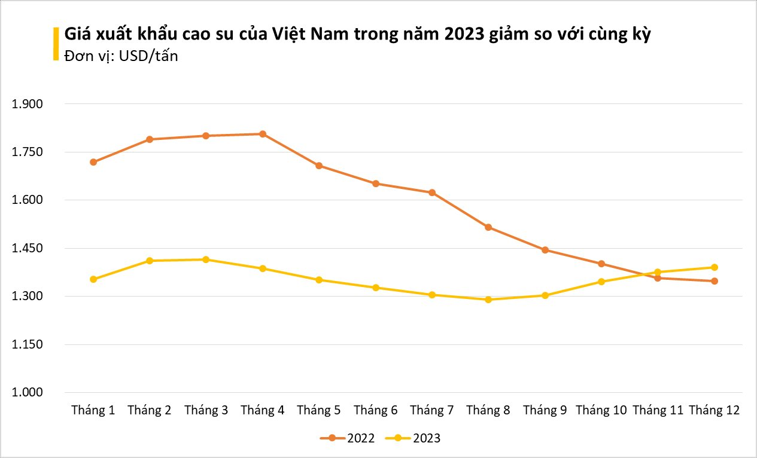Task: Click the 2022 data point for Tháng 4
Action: pyautogui.click(x=263, y=134)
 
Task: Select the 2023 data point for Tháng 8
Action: pyautogui.click(x=488, y=300)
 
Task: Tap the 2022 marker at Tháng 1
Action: pyautogui.click(x=93, y=162)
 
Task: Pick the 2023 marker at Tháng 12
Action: pyautogui.click(x=715, y=267)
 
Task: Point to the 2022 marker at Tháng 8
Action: pyautogui.click(x=488, y=227)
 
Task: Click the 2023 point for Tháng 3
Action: pyautogui.click(x=206, y=259)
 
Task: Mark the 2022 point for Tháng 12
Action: pyautogui.click(x=715, y=281)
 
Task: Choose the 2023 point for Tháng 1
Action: pyautogui.click(x=93, y=279)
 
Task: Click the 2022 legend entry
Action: pyautogui.click(x=348, y=438)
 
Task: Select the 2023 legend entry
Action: pyautogui.click(x=413, y=438)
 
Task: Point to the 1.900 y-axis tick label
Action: pyautogui.click(x=28, y=104)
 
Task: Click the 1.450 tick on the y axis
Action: pyautogui.click(x=28, y=248)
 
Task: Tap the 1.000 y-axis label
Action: pyautogui.click(x=28, y=393)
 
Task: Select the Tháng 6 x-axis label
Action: pyautogui.click(x=375, y=410)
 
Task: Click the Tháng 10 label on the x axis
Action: pyautogui.click(x=601, y=410)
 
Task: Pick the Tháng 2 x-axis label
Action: pyautogui.click(x=150, y=410)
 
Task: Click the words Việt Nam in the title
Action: pyautogui.click(x=303, y=35)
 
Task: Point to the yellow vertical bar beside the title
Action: pyautogui.click(x=56, y=44)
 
